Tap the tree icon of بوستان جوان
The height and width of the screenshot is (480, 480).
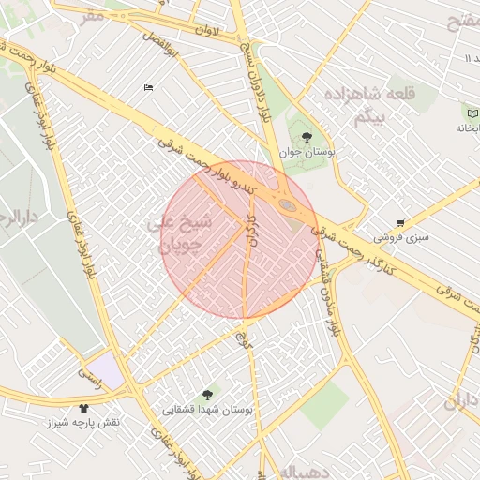pos(307,139)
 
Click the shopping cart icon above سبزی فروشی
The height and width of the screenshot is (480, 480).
pos(401,223)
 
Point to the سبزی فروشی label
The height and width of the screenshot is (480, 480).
pos(405,237)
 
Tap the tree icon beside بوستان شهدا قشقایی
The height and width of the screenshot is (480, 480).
pos(207,395)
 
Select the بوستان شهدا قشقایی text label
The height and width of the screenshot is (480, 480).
pos(202,409)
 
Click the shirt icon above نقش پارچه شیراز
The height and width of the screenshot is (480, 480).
pos(84,408)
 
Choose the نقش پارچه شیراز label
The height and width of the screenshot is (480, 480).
pos(84,423)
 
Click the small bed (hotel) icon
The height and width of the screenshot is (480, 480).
pos(148,87)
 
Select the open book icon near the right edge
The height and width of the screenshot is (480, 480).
pos(470,112)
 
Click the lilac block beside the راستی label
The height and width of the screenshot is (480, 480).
pos(109,369)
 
